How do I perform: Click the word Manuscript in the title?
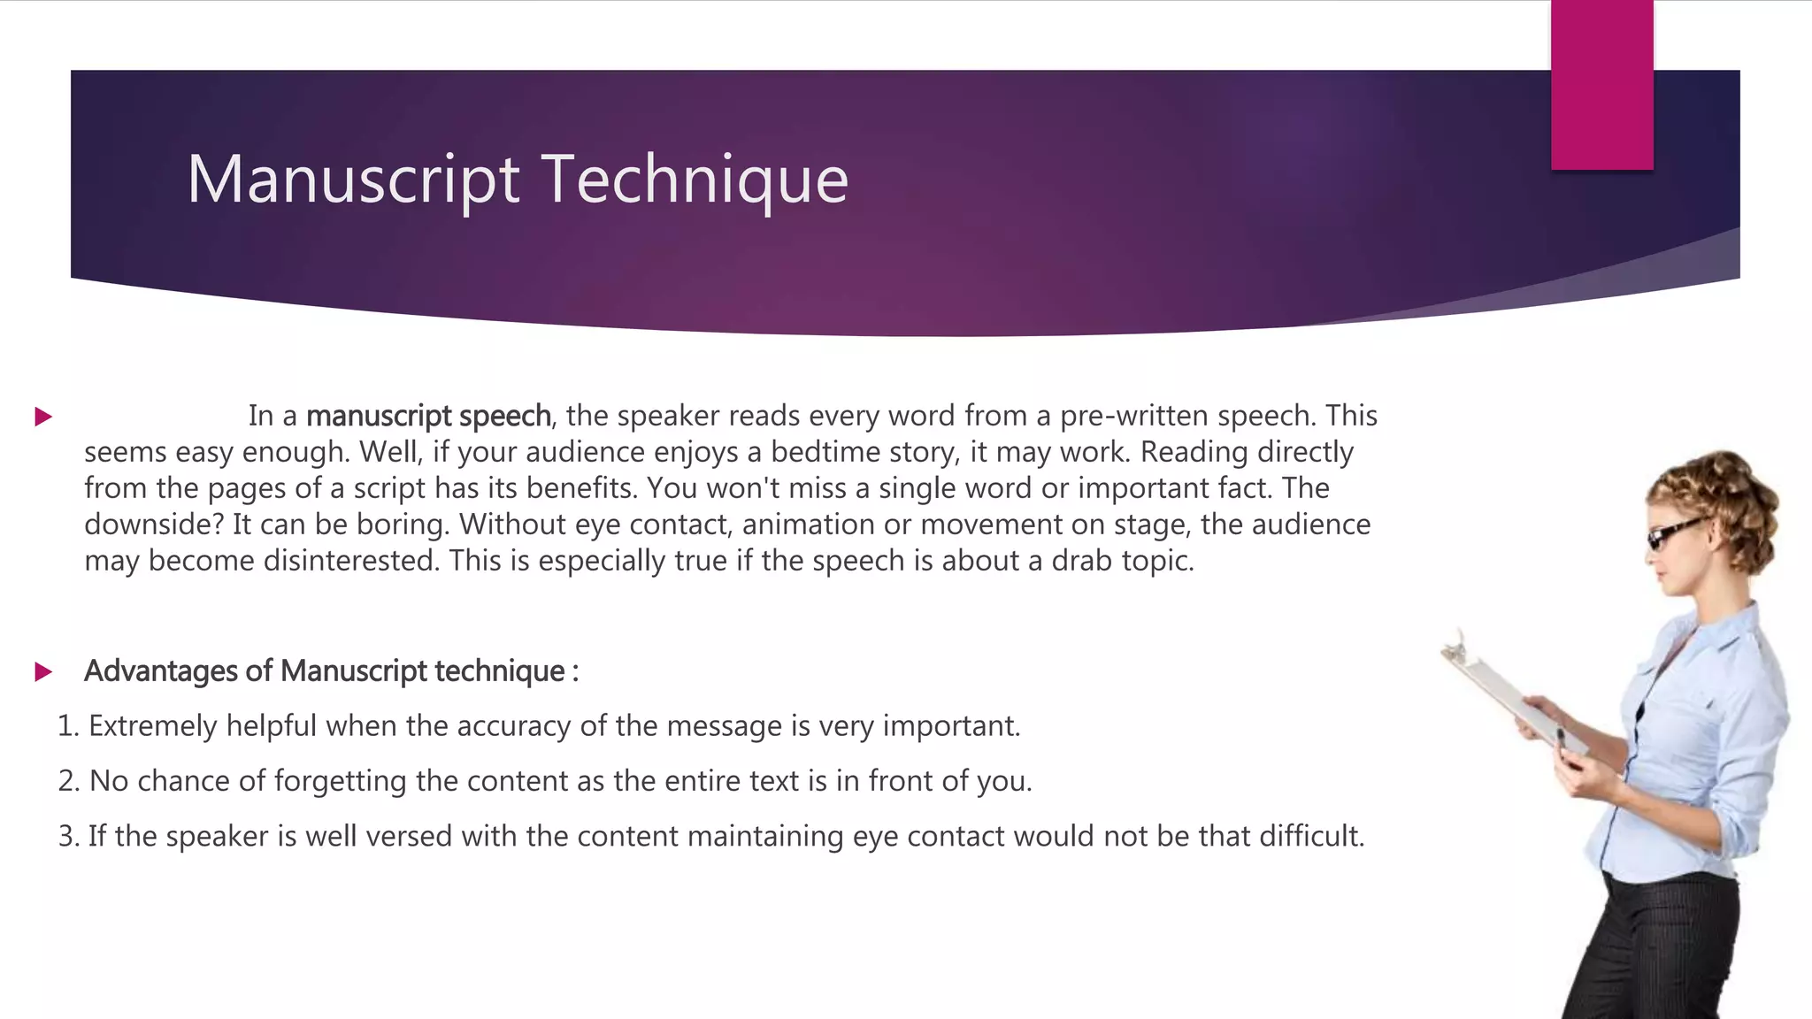352,180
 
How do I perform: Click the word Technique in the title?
695,180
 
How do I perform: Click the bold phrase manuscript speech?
428,416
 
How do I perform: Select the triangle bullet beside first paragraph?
43,417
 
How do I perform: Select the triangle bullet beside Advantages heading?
43,672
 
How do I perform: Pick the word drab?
1081,561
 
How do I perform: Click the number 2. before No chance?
68,781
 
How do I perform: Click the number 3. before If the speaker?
68,836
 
